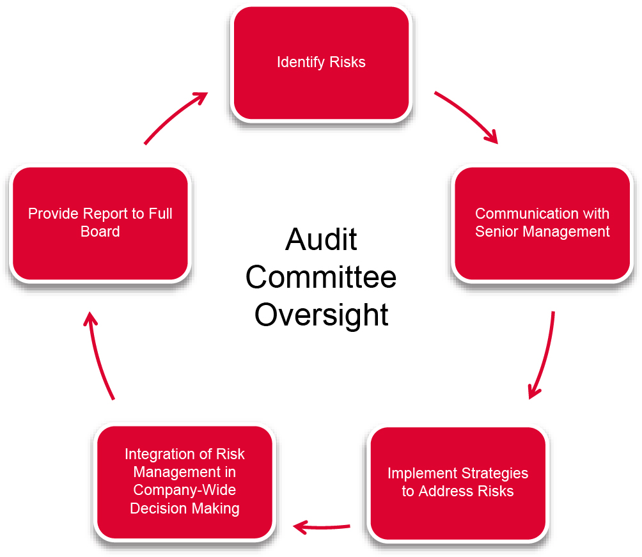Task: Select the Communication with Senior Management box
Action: (542, 224)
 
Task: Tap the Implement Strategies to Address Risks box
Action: (458, 483)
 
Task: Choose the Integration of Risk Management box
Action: (185, 482)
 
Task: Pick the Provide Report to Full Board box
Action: (100, 224)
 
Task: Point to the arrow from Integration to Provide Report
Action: (98, 358)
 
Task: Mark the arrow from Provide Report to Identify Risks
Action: (176, 115)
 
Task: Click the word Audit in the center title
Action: (321, 240)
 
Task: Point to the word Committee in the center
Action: (321, 278)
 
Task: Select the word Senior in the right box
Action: (496, 231)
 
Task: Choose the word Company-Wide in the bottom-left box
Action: (184, 490)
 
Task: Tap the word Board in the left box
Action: (100, 231)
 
